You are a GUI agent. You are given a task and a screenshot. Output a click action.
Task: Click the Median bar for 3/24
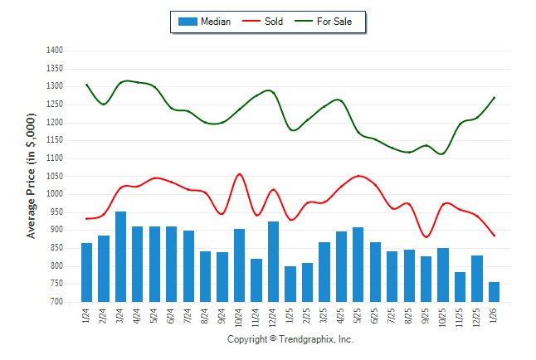click(120, 256)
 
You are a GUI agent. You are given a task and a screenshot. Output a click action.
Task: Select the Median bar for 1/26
click(494, 292)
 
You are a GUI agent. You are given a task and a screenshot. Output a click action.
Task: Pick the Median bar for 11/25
click(460, 287)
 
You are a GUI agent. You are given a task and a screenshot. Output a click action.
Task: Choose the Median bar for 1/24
click(86, 272)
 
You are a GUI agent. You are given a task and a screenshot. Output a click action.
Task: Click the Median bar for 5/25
click(358, 264)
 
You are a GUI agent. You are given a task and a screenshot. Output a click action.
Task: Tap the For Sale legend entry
click(334, 22)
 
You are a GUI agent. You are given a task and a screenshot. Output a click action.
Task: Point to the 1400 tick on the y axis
click(55, 51)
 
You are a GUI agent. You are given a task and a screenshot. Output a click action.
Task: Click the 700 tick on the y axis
click(56, 302)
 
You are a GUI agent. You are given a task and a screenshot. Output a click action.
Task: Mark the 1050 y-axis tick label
click(55, 176)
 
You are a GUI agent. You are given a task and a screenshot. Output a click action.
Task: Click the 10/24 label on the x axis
click(240, 317)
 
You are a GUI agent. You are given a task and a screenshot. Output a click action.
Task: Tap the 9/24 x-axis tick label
click(222, 315)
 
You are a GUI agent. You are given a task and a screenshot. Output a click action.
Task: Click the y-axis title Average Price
click(32, 177)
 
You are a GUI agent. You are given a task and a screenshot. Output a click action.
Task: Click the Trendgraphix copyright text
click(290, 340)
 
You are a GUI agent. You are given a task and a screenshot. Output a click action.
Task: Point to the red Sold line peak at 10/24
click(239, 174)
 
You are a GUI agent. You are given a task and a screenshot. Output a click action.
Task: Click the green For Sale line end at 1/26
click(495, 98)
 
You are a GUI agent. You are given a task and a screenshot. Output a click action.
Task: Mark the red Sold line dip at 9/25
click(426, 237)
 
